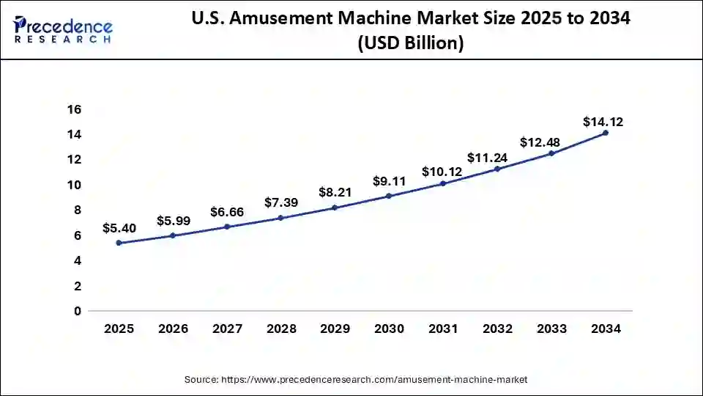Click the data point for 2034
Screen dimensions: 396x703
(x=605, y=133)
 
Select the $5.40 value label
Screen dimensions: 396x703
(x=119, y=228)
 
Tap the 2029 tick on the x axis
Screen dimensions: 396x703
(x=335, y=329)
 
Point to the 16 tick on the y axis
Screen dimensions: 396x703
(x=75, y=109)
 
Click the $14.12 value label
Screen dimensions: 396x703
(x=603, y=122)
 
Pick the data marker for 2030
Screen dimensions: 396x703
(x=389, y=196)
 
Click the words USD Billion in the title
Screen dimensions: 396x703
(x=411, y=44)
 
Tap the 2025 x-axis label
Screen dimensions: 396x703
(x=119, y=329)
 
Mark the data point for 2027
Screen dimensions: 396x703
(x=227, y=227)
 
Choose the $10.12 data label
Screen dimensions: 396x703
(x=442, y=172)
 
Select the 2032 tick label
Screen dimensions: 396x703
(x=497, y=329)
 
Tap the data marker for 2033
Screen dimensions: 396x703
(x=551, y=153)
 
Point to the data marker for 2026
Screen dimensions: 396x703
(x=173, y=235)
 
